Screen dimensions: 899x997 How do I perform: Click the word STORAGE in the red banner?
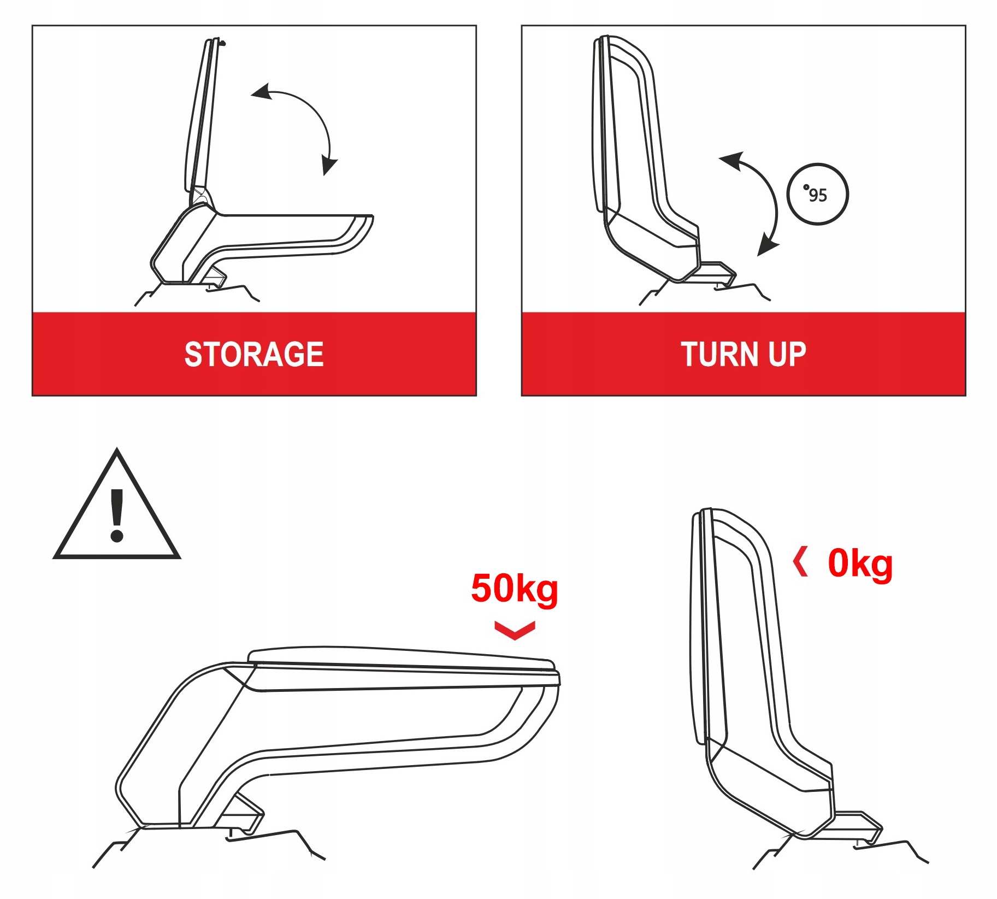click(254, 354)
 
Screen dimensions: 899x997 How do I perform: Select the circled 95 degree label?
click(817, 194)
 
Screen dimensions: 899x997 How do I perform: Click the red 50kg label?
click(514, 589)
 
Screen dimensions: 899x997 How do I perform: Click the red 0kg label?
click(860, 564)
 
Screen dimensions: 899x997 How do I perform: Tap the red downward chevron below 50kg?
click(515, 630)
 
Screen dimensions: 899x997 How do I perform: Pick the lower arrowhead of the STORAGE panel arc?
click(329, 164)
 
